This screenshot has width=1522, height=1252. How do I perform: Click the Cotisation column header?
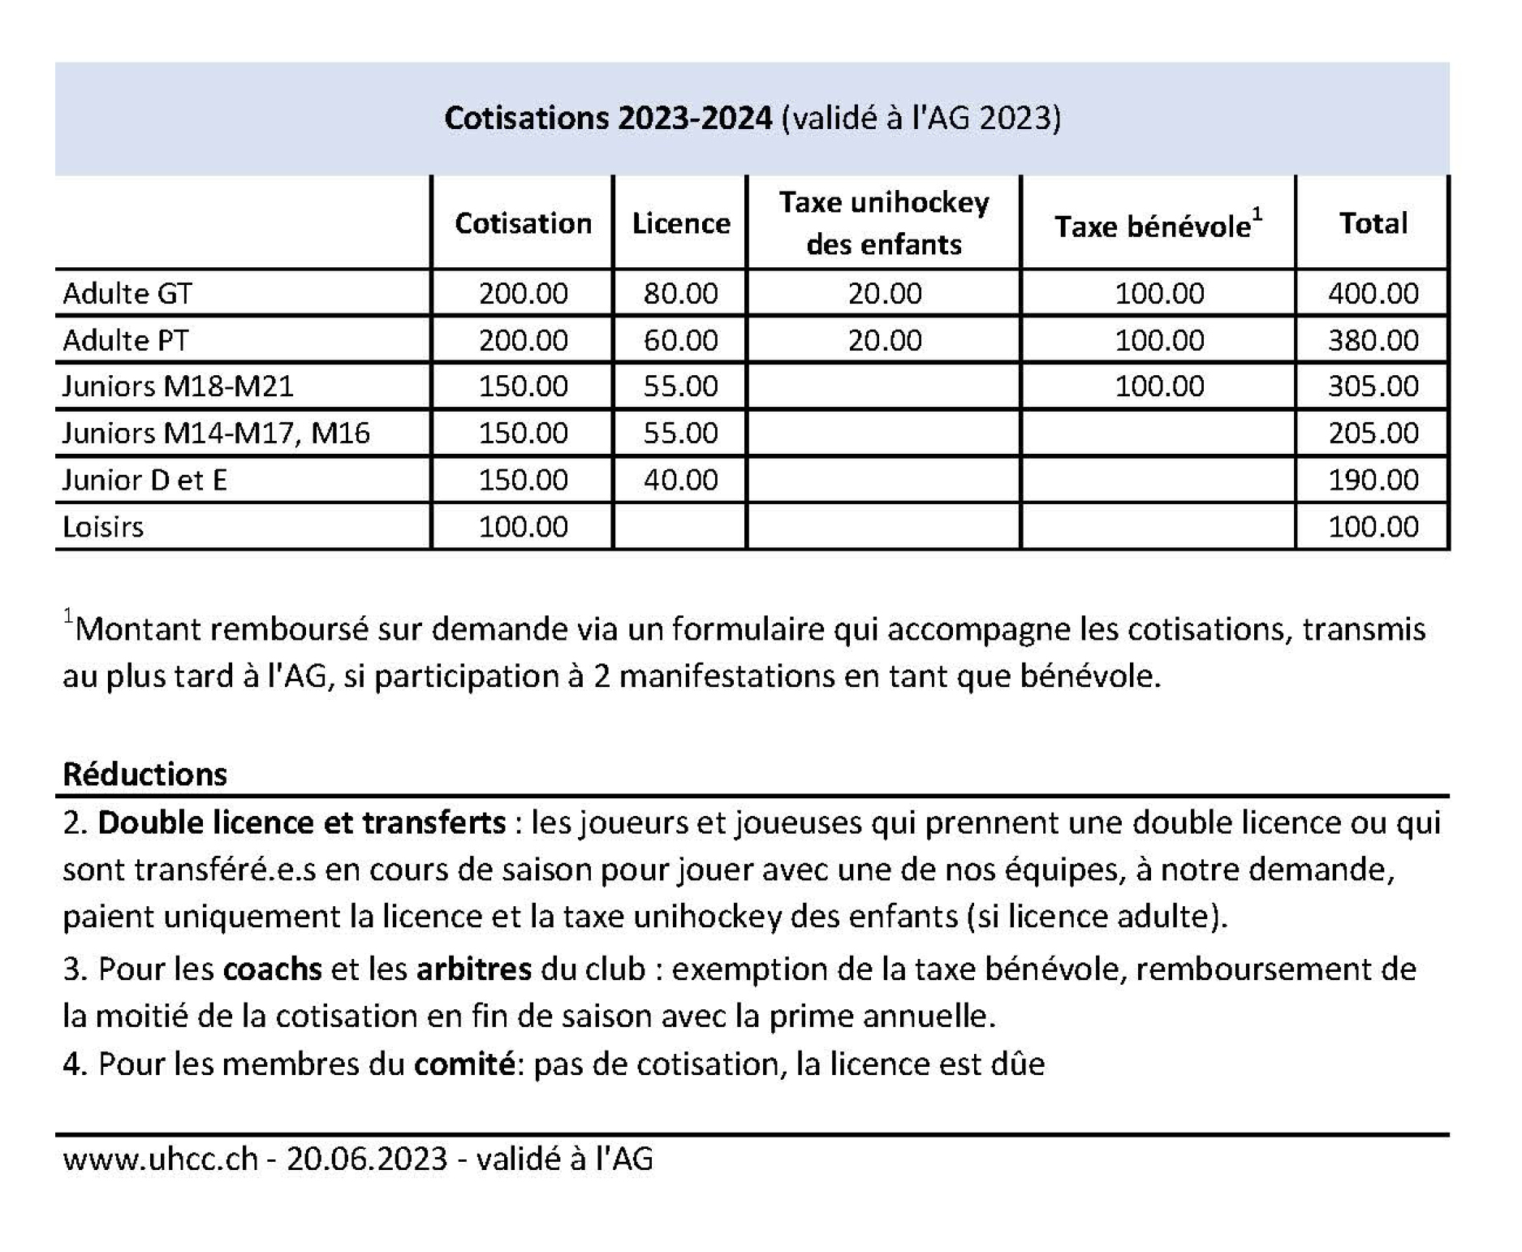(x=523, y=223)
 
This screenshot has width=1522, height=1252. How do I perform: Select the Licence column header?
(x=681, y=223)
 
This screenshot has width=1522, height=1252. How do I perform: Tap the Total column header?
(x=1373, y=223)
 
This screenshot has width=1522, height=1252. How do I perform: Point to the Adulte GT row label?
(x=127, y=293)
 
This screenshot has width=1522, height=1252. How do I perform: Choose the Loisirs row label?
(x=103, y=527)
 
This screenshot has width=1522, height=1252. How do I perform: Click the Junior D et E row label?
(x=144, y=480)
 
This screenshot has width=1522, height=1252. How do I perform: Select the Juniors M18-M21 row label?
(x=178, y=386)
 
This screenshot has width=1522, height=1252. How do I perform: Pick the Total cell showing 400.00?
(x=1373, y=293)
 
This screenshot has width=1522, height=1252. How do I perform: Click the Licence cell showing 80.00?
(x=681, y=293)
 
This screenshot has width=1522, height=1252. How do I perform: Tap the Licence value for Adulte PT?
(x=681, y=339)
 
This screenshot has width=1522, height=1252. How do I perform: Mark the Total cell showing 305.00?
(x=1373, y=386)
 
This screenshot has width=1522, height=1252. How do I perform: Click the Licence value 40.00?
(x=681, y=480)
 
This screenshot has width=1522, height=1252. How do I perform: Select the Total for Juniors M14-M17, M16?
(x=1373, y=433)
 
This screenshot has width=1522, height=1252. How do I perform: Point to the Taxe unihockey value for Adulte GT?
(x=885, y=293)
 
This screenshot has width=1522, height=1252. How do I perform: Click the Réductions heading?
(x=145, y=774)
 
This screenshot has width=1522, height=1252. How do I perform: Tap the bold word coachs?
(x=272, y=969)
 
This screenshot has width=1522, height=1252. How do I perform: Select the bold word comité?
(x=463, y=1064)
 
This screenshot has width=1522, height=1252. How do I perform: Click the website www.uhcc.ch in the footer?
(x=160, y=1159)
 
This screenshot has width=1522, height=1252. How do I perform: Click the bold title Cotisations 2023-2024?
(x=608, y=119)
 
